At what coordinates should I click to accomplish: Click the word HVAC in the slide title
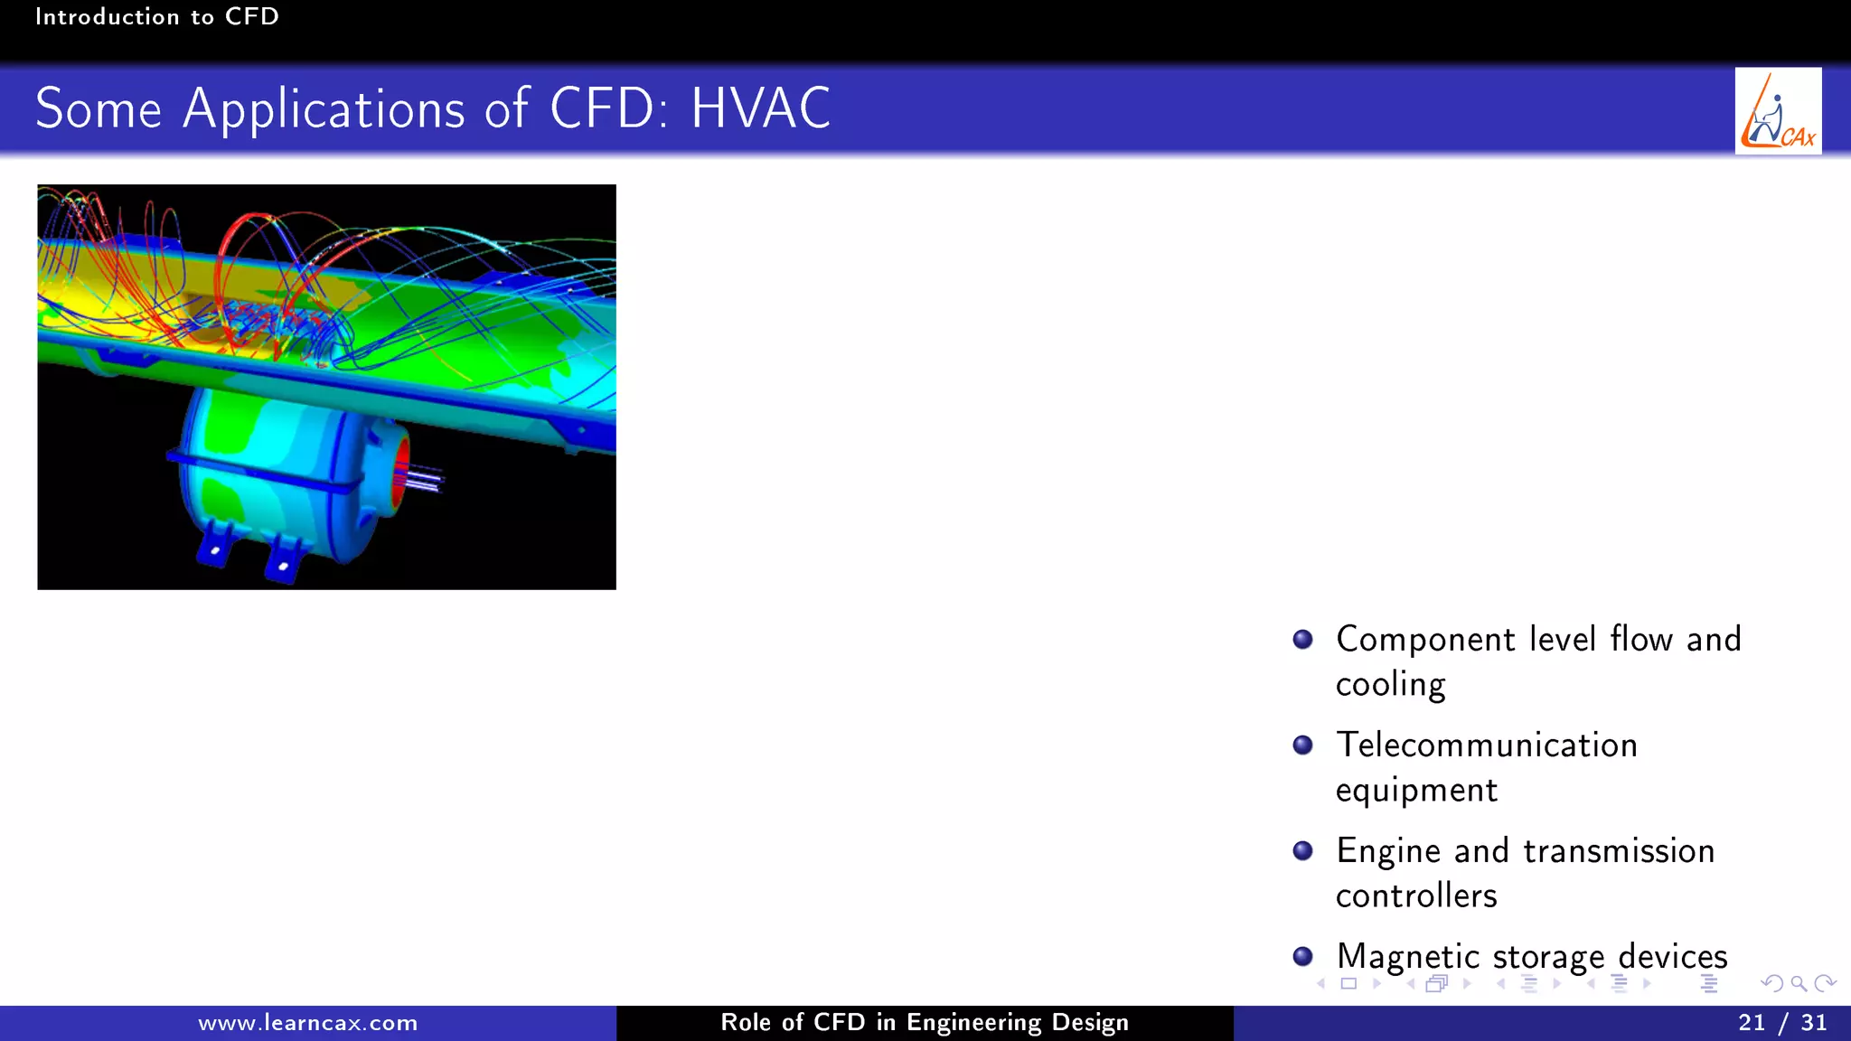(760, 108)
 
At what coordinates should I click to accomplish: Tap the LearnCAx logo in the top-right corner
(1777, 111)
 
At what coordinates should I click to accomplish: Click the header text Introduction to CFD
(156, 16)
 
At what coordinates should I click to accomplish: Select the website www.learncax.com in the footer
(307, 1023)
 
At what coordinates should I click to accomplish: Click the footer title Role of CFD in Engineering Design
(924, 1022)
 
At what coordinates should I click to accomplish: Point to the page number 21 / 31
(1781, 1022)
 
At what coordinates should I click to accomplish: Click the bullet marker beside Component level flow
(1302, 640)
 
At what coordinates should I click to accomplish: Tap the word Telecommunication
(1486, 745)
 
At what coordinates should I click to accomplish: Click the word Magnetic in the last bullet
(1407, 956)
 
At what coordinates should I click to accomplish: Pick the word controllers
(1415, 896)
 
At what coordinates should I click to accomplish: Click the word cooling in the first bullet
(1390, 685)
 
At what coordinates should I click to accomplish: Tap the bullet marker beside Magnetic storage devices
(1302, 956)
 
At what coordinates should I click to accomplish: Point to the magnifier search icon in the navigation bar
(1798, 983)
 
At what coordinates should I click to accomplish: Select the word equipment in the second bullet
(1415, 791)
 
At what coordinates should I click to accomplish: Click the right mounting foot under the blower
(285, 560)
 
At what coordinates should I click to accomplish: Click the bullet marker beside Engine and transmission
(1302, 850)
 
